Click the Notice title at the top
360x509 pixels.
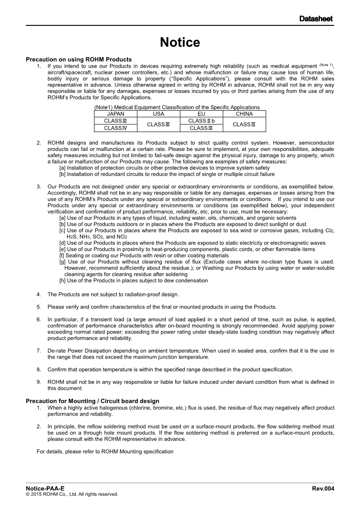[x=180, y=43]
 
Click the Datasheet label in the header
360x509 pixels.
[x=316, y=19]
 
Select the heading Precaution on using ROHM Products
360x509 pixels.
[x=78, y=59]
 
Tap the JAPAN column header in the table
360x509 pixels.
[x=115, y=114]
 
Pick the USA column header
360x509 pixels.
[x=159, y=114]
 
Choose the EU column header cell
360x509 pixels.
[x=201, y=114]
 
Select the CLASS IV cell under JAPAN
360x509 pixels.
[x=115, y=128]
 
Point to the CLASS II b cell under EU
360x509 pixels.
[x=201, y=121]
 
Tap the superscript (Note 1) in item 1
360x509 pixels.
[x=326, y=65]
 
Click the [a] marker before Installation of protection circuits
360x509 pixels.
[x=62, y=168]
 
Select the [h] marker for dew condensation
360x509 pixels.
[x=62, y=281]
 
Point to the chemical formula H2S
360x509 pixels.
[x=71, y=237]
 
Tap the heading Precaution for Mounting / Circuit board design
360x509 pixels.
[x=92, y=401]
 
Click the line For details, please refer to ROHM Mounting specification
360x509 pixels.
[x=105, y=451]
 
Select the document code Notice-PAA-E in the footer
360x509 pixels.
[x=45, y=488]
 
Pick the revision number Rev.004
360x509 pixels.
[x=323, y=488]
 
